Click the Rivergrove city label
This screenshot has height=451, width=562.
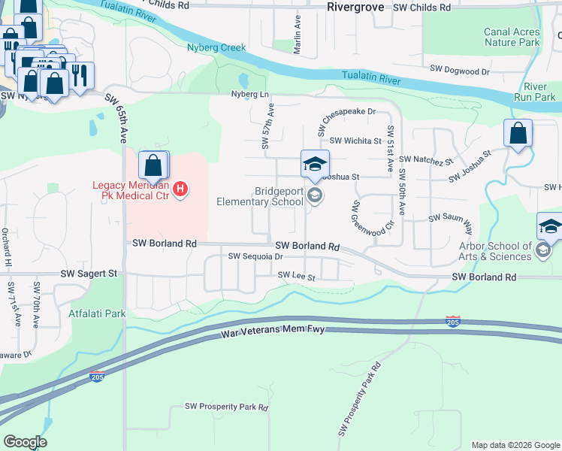[356, 7]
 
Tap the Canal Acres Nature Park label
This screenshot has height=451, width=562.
[512, 38]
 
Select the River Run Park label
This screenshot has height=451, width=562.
[535, 92]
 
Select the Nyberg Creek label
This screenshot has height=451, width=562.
[216, 47]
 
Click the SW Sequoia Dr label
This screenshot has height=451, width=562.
[255, 256]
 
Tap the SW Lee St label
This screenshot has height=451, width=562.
[296, 276]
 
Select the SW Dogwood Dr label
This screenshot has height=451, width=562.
[459, 68]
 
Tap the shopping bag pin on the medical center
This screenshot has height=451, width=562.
[153, 165]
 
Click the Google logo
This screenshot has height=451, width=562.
[25, 442]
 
